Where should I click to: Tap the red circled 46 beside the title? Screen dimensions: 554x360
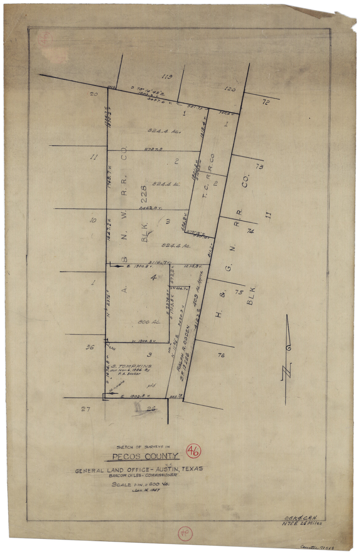click(194, 452)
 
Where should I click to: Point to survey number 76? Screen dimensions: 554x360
click(221, 355)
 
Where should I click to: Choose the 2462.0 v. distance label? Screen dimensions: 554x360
click(150, 208)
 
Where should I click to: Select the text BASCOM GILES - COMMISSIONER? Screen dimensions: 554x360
click(142, 475)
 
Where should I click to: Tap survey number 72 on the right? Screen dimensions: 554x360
click(266, 102)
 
